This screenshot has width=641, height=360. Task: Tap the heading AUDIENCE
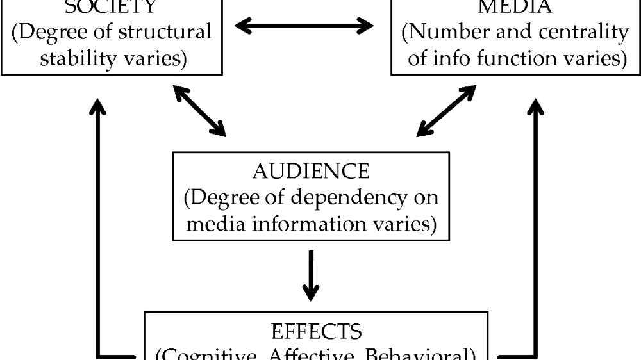311,171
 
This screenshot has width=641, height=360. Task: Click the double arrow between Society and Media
304,26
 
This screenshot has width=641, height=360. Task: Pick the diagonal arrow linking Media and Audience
446,110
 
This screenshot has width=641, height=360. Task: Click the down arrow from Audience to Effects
311,276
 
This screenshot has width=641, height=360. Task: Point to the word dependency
348,198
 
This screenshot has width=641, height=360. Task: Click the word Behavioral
428,355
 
